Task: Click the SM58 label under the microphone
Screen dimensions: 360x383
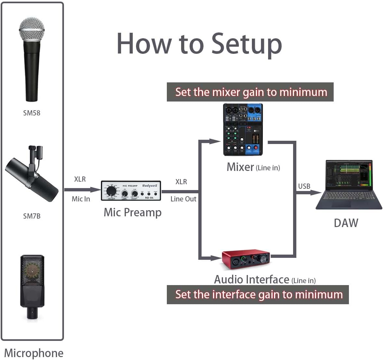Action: tap(31, 113)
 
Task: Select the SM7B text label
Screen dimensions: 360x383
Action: tap(31, 216)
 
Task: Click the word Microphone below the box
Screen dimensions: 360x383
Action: tap(34, 353)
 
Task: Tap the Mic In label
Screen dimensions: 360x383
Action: tap(81, 199)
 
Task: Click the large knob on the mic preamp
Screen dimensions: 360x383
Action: tap(111, 190)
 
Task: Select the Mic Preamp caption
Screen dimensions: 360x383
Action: tap(132, 212)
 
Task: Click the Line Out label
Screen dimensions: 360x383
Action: tap(183, 199)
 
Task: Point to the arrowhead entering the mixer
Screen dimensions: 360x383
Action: tap(216, 141)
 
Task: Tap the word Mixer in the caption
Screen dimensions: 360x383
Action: tap(240, 167)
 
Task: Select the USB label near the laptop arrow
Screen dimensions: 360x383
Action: tap(304, 186)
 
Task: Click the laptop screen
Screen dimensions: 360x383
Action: tap(349, 175)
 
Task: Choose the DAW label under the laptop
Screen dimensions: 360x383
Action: tap(346, 223)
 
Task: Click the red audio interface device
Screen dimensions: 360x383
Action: tap(246, 259)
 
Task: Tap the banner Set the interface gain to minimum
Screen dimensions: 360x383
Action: tap(258, 294)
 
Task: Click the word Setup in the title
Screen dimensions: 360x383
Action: tap(247, 44)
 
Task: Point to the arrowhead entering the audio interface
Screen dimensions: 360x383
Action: tap(216, 258)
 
